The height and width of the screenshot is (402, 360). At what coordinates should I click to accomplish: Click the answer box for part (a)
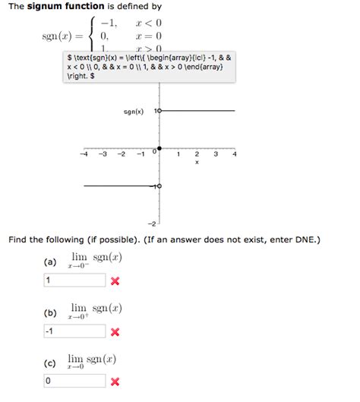74,280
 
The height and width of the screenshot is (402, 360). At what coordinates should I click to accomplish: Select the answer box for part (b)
74,331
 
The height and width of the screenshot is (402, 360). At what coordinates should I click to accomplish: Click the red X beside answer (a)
115,281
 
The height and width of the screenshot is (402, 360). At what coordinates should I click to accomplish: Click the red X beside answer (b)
115,332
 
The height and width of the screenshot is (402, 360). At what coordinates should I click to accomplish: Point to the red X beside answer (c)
115,381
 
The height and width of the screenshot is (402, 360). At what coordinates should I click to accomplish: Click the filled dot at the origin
159,148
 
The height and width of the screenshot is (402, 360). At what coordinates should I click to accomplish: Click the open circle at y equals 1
159,112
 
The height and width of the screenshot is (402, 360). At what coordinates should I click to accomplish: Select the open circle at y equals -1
159,185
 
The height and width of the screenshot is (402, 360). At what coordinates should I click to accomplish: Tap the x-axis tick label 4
235,154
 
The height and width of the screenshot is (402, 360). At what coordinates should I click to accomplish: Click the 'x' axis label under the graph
197,163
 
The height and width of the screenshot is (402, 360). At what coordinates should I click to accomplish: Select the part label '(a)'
50,262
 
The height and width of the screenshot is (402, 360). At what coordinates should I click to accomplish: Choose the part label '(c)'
50,362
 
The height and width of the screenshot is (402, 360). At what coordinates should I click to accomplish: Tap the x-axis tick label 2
197,154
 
